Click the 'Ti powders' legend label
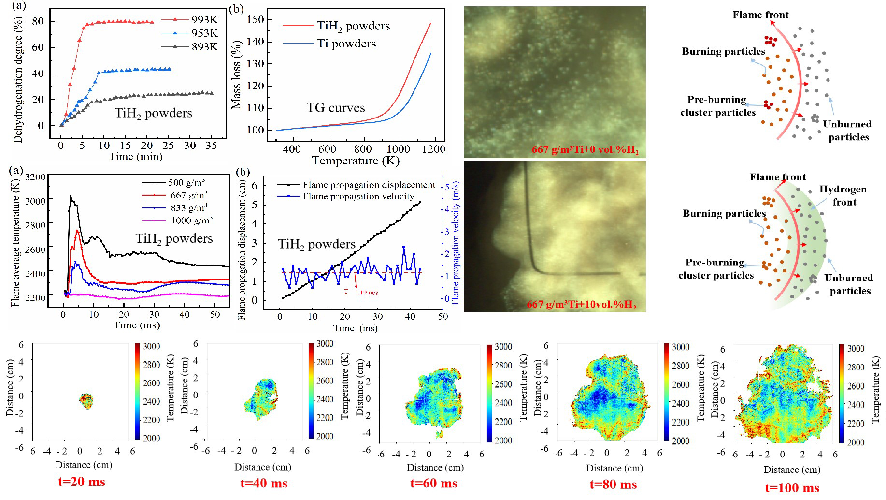346,44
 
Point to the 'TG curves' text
336,107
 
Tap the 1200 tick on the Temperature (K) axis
433,149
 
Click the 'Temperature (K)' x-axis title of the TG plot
356,161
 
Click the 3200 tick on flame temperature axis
35,177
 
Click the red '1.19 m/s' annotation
367,293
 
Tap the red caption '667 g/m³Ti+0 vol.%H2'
585,150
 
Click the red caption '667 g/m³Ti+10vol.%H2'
581,305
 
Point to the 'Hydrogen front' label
843,195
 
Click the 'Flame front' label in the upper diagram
760,15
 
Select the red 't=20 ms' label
81,482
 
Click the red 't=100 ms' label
792,488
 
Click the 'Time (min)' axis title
136,156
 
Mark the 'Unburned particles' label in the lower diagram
849,284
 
